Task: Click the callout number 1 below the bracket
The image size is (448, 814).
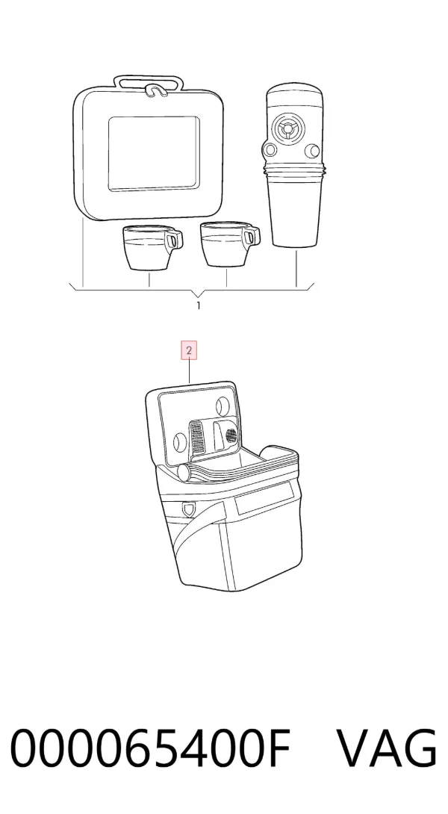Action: click(199, 305)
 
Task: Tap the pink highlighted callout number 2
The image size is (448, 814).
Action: click(189, 350)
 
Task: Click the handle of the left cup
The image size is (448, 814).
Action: click(175, 239)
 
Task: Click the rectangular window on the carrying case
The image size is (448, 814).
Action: click(154, 153)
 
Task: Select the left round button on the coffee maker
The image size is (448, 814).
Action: click(270, 151)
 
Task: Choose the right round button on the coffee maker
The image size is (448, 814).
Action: click(312, 151)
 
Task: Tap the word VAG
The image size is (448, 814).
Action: click(388, 748)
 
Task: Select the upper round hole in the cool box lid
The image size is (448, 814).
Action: click(223, 405)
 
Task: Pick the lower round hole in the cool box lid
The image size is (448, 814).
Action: click(179, 442)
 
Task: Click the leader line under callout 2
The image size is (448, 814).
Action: click(189, 371)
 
